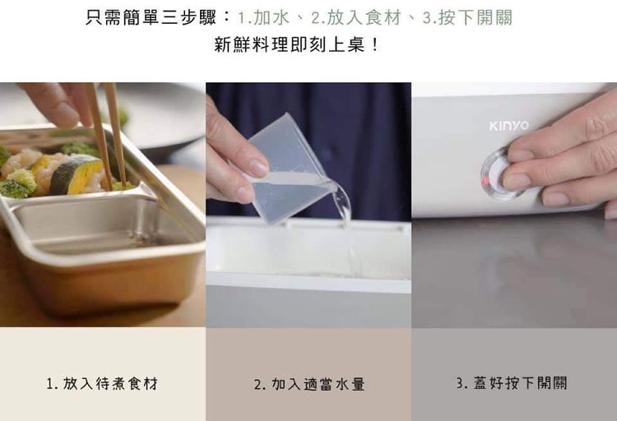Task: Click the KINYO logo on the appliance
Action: tap(508, 126)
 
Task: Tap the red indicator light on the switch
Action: tap(487, 181)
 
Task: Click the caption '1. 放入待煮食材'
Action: tap(102, 383)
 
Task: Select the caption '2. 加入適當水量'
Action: tap(309, 384)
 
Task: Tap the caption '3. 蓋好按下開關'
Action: tap(512, 382)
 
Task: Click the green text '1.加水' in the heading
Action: tap(263, 18)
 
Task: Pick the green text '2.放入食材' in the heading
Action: tap(355, 18)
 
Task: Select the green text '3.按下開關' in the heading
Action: tap(467, 18)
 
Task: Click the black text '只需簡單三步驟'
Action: tap(151, 18)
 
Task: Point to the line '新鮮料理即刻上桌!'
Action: tap(296, 45)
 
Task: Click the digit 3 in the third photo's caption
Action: tap(459, 383)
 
